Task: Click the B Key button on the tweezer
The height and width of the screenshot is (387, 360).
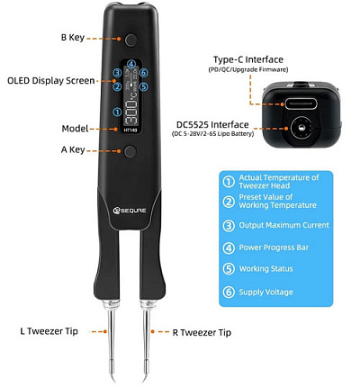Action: [131, 40]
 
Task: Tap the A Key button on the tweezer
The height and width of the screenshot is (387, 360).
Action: [130, 151]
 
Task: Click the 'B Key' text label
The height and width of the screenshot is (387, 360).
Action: [73, 38]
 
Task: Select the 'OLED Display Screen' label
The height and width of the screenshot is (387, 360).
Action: [51, 81]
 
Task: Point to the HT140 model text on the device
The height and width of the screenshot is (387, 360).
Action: [130, 130]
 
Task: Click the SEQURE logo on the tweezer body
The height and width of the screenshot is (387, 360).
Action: [130, 211]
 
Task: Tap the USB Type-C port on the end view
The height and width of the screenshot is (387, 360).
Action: [301, 104]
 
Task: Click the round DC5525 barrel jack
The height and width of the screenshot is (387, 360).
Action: [301, 129]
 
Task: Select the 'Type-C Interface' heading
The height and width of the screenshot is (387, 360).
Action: [248, 59]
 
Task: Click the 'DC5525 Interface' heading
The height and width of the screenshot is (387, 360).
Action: [212, 124]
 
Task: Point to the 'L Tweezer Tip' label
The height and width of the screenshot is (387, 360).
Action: [49, 331]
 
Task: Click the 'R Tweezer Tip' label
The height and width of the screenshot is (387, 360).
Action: [202, 332]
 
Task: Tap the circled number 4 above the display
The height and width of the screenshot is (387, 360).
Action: [130, 64]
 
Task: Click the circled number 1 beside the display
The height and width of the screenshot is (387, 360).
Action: [117, 112]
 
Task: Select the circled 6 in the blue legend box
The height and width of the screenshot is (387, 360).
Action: [229, 292]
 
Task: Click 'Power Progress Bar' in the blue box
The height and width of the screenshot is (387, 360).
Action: [274, 247]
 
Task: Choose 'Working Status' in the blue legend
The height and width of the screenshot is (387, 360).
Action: [265, 268]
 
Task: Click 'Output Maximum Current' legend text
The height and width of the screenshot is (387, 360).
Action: [283, 225]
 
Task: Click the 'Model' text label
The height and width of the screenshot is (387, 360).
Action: [75, 129]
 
